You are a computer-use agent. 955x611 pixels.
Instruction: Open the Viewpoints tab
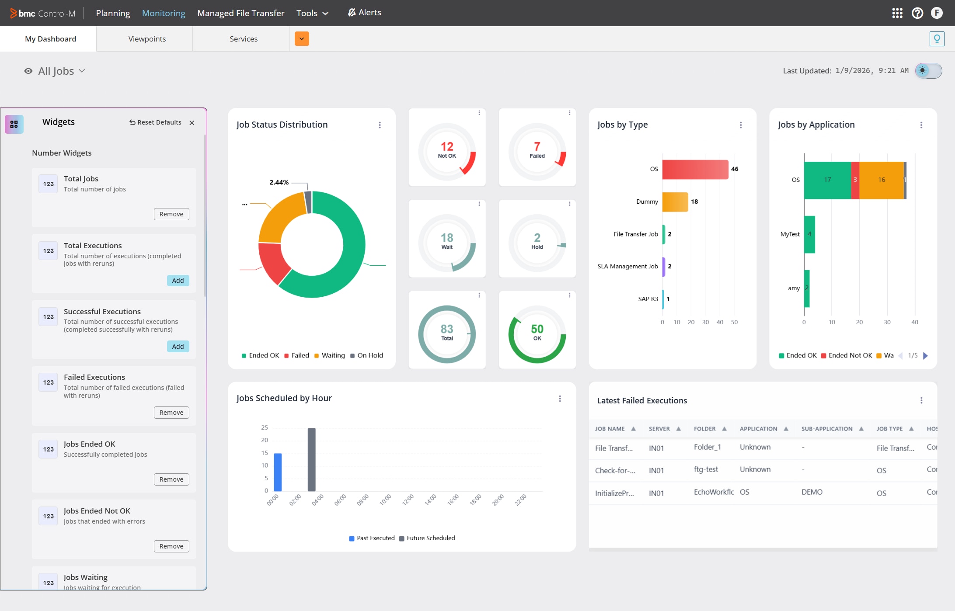(147, 39)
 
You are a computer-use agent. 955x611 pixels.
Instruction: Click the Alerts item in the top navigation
(365, 13)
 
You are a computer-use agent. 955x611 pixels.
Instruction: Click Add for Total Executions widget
(178, 281)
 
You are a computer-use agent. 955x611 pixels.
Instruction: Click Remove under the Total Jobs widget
(171, 214)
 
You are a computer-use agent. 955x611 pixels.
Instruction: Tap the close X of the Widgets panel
(192, 123)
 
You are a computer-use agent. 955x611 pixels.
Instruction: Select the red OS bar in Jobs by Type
(695, 169)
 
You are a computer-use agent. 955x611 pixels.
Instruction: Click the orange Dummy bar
(675, 202)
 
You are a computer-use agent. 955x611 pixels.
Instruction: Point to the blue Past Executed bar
(278, 472)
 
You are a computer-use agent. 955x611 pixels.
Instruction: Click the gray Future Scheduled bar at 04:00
(311, 459)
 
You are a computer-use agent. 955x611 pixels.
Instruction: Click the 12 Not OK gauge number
(447, 147)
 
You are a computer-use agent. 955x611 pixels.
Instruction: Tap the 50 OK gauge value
(537, 330)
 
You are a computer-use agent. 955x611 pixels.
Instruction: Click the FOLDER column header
(705, 429)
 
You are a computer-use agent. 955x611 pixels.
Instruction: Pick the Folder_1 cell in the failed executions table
(707, 447)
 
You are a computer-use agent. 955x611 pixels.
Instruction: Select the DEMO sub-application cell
(812, 492)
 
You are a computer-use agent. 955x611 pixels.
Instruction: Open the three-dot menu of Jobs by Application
(921, 125)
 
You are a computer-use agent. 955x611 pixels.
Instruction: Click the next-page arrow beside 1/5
(925, 356)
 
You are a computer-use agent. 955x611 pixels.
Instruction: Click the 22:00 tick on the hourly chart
(520, 500)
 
